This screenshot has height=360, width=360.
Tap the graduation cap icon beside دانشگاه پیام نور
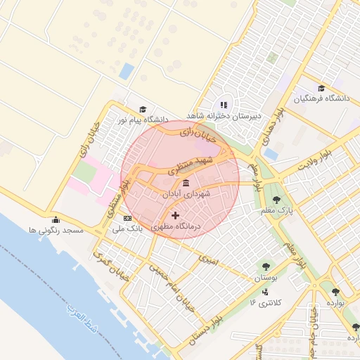click(x=143, y=110)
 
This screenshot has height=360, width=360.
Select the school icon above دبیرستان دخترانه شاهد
click(x=224, y=105)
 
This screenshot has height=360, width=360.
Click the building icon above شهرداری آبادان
click(x=185, y=184)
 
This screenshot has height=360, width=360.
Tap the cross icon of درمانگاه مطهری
click(x=175, y=215)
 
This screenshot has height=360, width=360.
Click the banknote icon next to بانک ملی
click(x=127, y=219)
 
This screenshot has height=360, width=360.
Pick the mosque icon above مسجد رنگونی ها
click(x=56, y=220)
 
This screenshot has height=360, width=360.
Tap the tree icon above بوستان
click(x=266, y=266)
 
